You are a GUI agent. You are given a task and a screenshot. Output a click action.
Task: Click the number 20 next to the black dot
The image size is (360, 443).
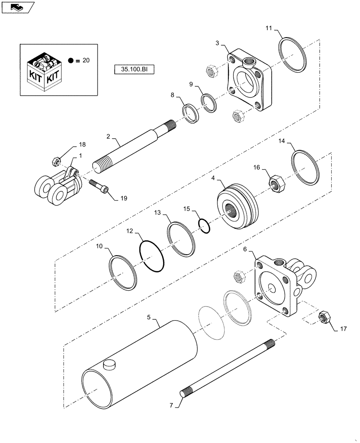coord(86,61)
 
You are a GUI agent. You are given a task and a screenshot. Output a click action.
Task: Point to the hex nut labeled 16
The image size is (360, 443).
coord(277,182)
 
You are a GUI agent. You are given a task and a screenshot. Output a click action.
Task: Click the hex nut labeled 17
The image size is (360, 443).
coord(325,318)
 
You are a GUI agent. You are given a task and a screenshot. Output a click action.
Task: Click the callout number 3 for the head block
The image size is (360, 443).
coord(217,43)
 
